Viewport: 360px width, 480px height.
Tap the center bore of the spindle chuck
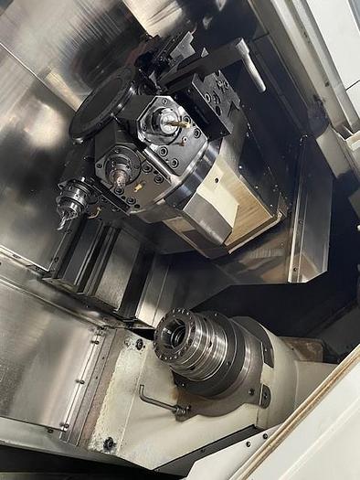coord(171,336)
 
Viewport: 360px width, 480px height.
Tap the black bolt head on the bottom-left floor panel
coord(109,443)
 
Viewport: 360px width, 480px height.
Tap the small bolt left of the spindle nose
coord(139,344)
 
